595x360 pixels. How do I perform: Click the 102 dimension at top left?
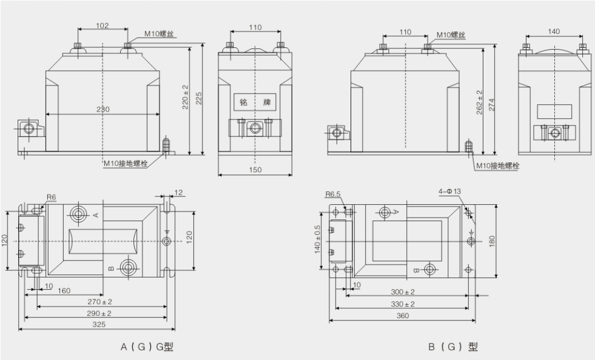(x=103, y=25)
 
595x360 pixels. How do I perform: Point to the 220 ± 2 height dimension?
(x=186, y=97)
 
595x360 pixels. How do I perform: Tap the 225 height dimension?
(x=198, y=97)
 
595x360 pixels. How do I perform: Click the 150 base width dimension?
(x=255, y=170)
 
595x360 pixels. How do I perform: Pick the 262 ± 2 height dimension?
(x=480, y=102)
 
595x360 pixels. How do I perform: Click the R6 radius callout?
(x=51, y=198)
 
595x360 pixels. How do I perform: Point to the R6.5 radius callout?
(x=332, y=195)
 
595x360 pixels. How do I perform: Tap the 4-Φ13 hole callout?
(x=451, y=192)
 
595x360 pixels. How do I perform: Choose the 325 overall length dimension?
(x=99, y=325)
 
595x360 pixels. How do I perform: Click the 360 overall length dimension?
(x=403, y=316)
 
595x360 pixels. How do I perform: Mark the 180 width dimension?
(x=491, y=241)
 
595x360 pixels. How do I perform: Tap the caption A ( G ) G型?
(x=147, y=347)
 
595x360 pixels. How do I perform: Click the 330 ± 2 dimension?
(x=403, y=304)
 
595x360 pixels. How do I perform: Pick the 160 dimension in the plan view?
(x=64, y=291)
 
